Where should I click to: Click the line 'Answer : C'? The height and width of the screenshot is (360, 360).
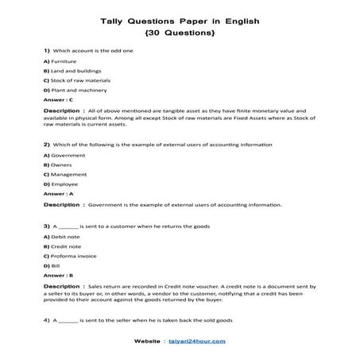coord(59,100)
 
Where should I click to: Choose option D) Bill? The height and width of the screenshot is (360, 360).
coord(53,266)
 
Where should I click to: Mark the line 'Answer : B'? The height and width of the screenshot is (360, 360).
coord(59,276)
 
